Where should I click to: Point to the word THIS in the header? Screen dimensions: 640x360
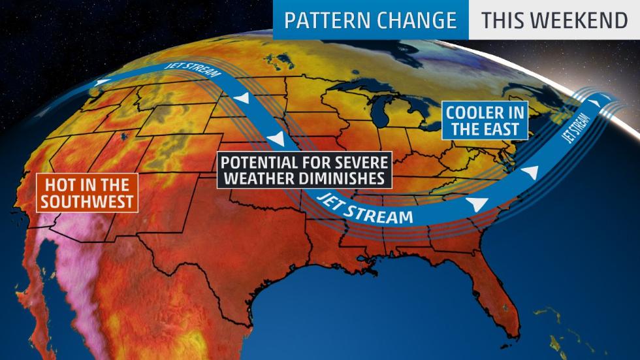[x=503, y=20]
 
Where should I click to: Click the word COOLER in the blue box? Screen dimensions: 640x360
[x=475, y=112]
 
